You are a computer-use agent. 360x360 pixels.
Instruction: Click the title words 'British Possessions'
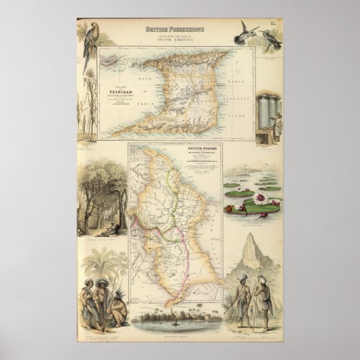tap(179, 29)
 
